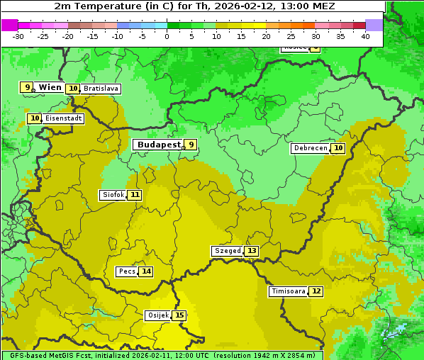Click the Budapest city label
(x=158, y=145)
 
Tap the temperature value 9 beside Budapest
(x=190, y=145)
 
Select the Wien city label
(x=50, y=87)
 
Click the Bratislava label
(x=101, y=89)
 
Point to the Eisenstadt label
(x=63, y=119)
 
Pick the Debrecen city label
(x=310, y=148)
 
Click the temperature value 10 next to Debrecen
(x=338, y=148)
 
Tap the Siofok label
(x=113, y=195)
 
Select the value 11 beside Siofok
(x=135, y=195)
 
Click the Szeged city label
(x=227, y=251)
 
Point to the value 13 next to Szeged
(x=252, y=251)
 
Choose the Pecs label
(x=127, y=271)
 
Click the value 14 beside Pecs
(x=146, y=271)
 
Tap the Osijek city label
(x=157, y=315)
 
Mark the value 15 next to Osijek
(x=179, y=315)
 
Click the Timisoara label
(x=289, y=291)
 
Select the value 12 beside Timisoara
(x=316, y=291)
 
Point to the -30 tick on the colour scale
(x=18, y=36)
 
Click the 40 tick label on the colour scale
(x=365, y=36)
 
